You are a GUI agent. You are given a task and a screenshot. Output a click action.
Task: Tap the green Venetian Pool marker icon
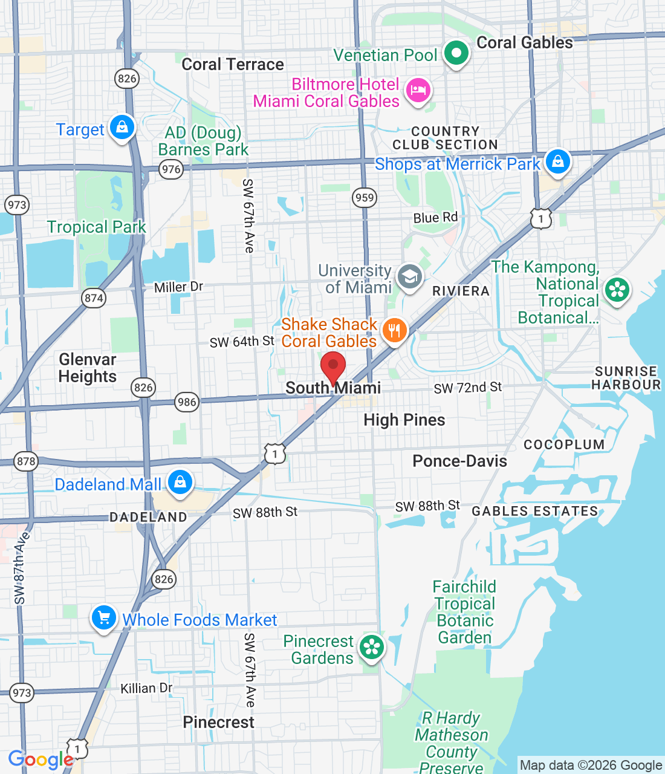point(456,53)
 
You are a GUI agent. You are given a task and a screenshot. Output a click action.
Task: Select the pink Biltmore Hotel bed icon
point(418,91)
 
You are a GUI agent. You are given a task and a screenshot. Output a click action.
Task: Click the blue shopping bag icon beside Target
point(122,128)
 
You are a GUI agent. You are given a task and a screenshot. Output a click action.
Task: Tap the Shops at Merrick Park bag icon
point(557,162)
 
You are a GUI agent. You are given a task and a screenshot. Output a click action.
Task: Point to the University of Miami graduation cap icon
point(410,278)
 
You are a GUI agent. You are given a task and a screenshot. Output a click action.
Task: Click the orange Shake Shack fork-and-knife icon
point(394,331)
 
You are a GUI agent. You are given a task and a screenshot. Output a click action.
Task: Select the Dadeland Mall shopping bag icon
point(180,483)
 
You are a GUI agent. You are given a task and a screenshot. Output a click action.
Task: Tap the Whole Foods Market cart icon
point(104,618)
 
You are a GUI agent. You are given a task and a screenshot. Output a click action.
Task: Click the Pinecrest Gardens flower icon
point(372,648)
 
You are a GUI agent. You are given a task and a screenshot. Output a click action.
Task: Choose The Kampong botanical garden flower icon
point(617,290)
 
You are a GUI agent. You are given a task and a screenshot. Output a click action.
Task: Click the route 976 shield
point(171,169)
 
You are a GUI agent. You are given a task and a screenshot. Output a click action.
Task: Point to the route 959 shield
point(365,198)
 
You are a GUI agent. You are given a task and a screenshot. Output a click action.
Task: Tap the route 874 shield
point(94,298)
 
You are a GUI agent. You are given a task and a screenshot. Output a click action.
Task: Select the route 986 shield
point(187,402)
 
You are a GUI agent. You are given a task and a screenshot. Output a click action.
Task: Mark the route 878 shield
point(26,461)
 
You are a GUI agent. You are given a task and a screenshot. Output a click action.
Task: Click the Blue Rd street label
point(435,218)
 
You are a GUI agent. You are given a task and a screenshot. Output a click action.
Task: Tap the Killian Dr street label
point(146,688)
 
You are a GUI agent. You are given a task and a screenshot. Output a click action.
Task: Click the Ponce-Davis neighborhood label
point(459,461)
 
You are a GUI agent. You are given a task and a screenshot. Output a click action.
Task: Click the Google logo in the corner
point(41,759)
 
